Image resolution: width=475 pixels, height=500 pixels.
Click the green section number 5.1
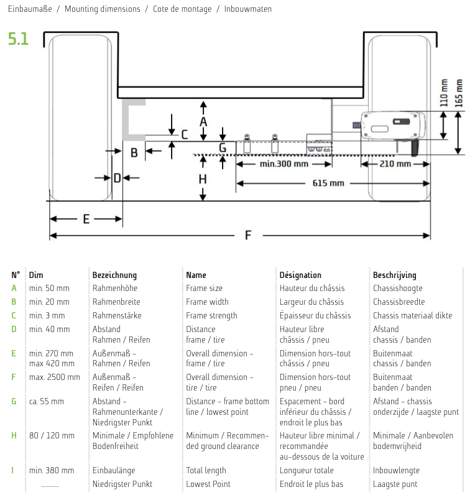tap(18, 39)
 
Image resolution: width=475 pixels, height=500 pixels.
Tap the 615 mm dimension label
tap(329, 183)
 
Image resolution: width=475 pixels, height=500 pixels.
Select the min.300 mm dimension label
tap(284, 164)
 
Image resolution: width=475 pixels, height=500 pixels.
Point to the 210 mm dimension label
tap(395, 164)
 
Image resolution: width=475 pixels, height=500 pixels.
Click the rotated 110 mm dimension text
tap(444, 93)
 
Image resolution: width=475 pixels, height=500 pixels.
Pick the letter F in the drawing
tap(248, 236)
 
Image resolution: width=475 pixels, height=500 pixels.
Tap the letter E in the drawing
tap(86, 219)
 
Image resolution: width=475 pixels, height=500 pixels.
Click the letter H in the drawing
tap(203, 179)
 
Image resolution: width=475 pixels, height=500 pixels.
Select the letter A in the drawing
tap(203, 122)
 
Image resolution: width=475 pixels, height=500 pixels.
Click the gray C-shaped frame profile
tap(131, 118)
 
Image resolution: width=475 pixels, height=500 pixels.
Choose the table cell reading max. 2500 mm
tap(55, 377)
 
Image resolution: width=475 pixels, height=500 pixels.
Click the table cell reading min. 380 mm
tap(52, 471)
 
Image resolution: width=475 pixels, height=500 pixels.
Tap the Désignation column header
tap(300, 275)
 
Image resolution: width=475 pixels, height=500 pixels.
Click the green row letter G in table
tap(14, 401)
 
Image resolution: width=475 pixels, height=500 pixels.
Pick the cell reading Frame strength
tap(211, 315)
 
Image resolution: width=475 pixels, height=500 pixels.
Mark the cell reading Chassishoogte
tap(398, 288)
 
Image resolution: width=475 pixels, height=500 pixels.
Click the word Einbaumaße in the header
tap(29, 9)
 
